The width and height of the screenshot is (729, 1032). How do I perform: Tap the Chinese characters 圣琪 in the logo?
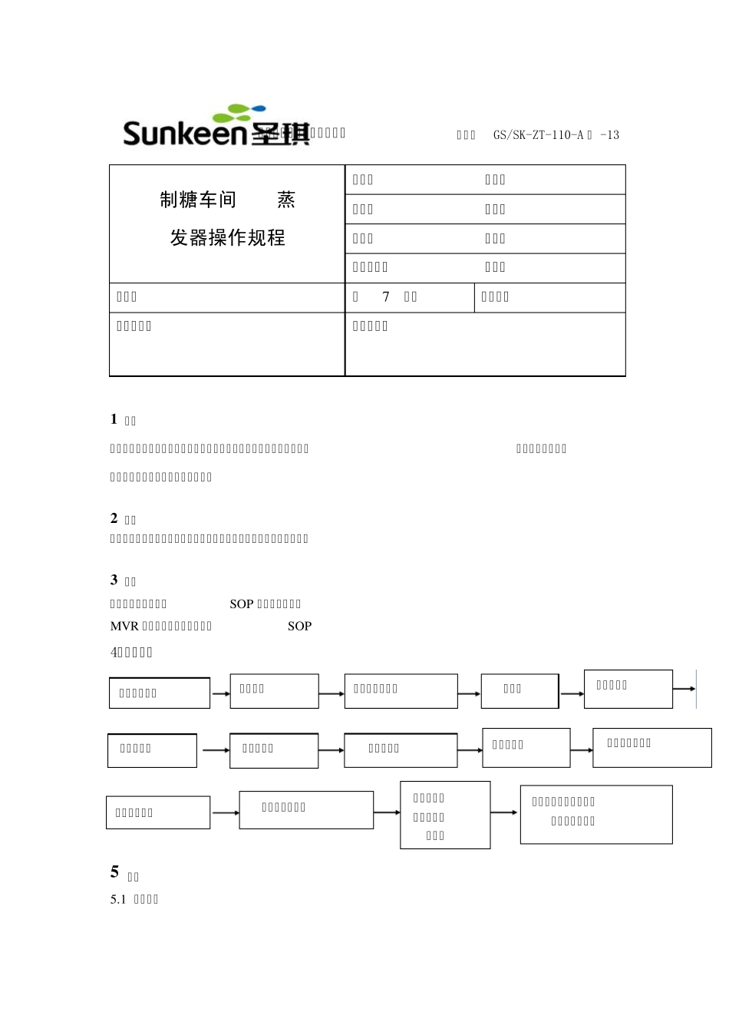[279, 134]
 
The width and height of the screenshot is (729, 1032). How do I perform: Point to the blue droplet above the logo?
[259, 108]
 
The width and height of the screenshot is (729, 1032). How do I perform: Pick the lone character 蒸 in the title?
[286, 200]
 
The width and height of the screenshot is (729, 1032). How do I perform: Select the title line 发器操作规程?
[228, 238]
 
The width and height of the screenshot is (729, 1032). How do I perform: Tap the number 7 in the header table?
[386, 297]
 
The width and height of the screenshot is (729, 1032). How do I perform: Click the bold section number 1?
[114, 419]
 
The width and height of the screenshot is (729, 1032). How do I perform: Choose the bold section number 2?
[114, 518]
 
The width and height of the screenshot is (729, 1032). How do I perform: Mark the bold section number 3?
[114, 580]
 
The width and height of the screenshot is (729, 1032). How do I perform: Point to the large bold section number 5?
[115, 872]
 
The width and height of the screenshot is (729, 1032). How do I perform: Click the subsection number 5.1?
[117, 899]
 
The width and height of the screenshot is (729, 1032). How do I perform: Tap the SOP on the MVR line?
[299, 626]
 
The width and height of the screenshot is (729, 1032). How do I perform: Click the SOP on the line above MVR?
[242, 604]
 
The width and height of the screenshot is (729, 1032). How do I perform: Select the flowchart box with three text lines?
[445, 815]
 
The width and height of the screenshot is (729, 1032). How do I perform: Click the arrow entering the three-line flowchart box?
[387, 812]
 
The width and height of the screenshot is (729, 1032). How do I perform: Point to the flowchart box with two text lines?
[596, 814]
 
